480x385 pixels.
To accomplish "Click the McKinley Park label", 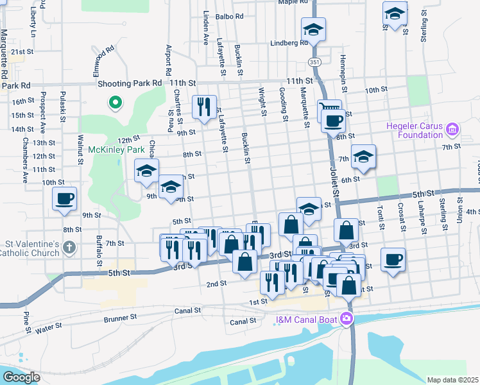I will pos(117,150).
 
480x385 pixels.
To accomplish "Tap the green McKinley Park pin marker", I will pos(116,102).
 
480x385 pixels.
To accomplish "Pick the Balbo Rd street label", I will pos(230,17).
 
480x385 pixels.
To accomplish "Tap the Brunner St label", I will pos(121,317).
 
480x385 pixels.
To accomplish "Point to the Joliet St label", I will pos(334,182).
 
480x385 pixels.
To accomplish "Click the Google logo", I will pos(22,377).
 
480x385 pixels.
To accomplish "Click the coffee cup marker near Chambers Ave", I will pos(65,198).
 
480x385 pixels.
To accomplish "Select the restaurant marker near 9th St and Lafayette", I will pos(205,106).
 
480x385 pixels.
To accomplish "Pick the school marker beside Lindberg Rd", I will pos(314,28).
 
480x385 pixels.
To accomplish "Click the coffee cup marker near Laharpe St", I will pos(392,259).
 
